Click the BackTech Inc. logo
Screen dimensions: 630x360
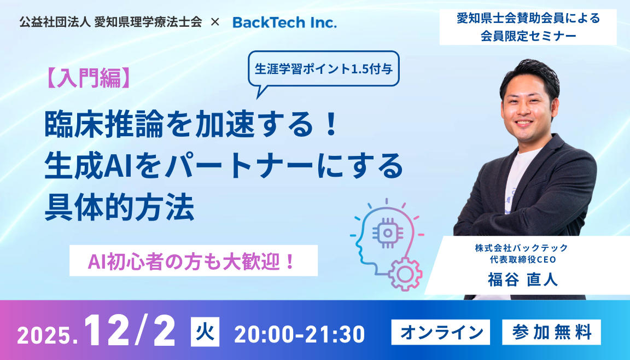pyautogui.click(x=284, y=22)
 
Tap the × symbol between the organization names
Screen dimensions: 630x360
pyautogui.click(x=215, y=22)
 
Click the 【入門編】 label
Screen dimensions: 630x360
pyautogui.click(x=89, y=78)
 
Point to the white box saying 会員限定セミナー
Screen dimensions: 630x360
pyautogui.click(x=528, y=27)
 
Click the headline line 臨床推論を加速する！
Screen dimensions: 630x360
pyautogui.click(x=191, y=124)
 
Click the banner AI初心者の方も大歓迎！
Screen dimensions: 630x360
pyautogui.click(x=193, y=261)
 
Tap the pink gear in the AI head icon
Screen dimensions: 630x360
pyautogui.click(x=405, y=274)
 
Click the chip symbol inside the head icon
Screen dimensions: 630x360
pyautogui.click(x=388, y=233)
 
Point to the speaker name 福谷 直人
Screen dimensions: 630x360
pyautogui.click(x=523, y=279)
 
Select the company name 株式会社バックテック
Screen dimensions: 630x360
pyautogui.click(x=522, y=247)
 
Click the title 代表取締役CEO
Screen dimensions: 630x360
pyautogui.click(x=523, y=259)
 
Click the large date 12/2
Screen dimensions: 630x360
pyautogui.click(x=130, y=330)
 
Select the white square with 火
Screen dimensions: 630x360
pyautogui.click(x=205, y=332)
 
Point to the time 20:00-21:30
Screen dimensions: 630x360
pyautogui.click(x=299, y=334)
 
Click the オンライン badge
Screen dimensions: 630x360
pyautogui.click(x=441, y=332)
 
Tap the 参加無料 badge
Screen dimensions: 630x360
pyautogui.click(x=551, y=332)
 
